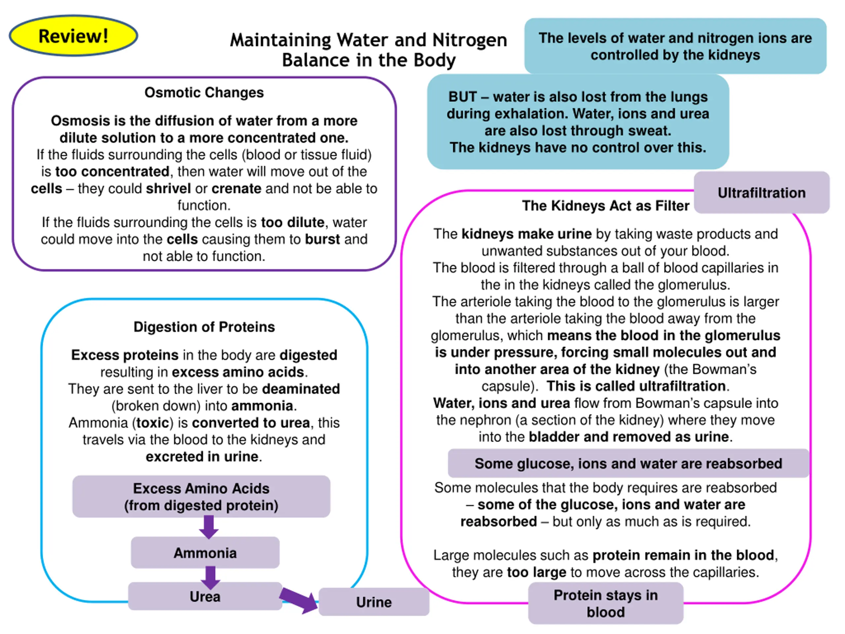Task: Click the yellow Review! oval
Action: pos(73,36)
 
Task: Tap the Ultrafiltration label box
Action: pos(761,192)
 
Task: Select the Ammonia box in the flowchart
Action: pos(205,552)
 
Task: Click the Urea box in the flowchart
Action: pos(205,596)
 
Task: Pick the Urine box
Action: pos(374,602)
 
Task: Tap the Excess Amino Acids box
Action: pos(201,496)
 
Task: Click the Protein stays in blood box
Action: pos(605,603)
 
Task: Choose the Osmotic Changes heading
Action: pos(204,92)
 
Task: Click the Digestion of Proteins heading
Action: pos(204,327)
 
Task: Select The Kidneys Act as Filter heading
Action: pos(605,206)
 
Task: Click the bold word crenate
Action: pos(236,189)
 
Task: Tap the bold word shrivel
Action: pos(168,189)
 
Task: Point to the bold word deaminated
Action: pos(301,389)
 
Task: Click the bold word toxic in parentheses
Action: pos(153,423)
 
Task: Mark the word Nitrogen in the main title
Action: pos(469,40)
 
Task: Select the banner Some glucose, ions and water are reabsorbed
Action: pos(628,463)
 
